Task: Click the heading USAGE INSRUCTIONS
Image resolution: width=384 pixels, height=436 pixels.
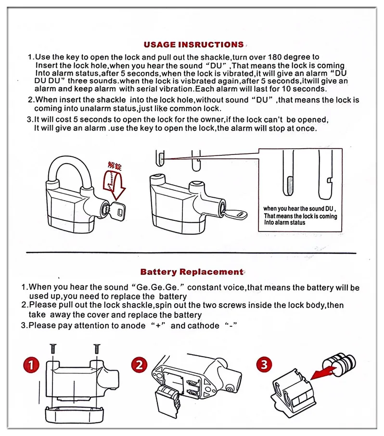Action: tap(193, 45)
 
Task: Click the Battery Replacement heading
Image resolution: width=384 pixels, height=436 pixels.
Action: tap(192, 272)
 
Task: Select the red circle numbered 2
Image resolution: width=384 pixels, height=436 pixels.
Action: tap(140, 365)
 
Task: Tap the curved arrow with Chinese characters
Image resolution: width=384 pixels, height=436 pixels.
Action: tap(114, 180)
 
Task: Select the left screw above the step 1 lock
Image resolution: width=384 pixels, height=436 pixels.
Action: tap(52, 347)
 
